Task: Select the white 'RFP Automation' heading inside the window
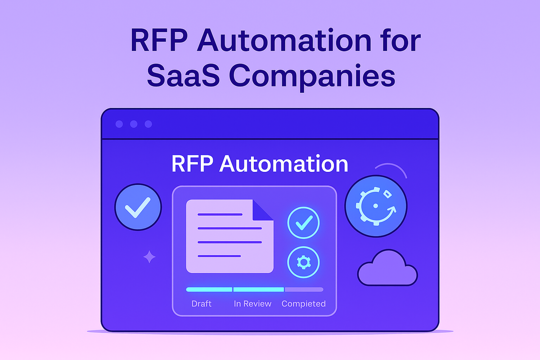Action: [260, 164]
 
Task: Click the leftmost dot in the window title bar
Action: [119, 124]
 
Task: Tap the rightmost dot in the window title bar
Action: [148, 124]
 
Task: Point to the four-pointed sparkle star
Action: [149, 257]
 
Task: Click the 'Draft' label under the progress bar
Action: [202, 304]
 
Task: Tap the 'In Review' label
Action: [252, 304]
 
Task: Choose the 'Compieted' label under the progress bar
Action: [303, 304]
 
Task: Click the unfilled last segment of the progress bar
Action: [304, 289]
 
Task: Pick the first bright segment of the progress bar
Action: [209, 289]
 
